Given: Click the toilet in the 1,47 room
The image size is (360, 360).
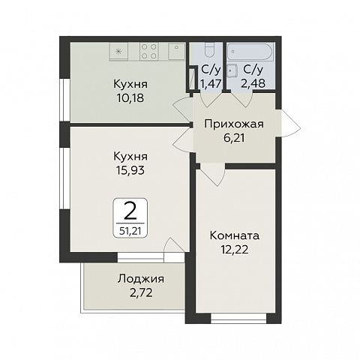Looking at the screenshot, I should pos(208,54).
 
